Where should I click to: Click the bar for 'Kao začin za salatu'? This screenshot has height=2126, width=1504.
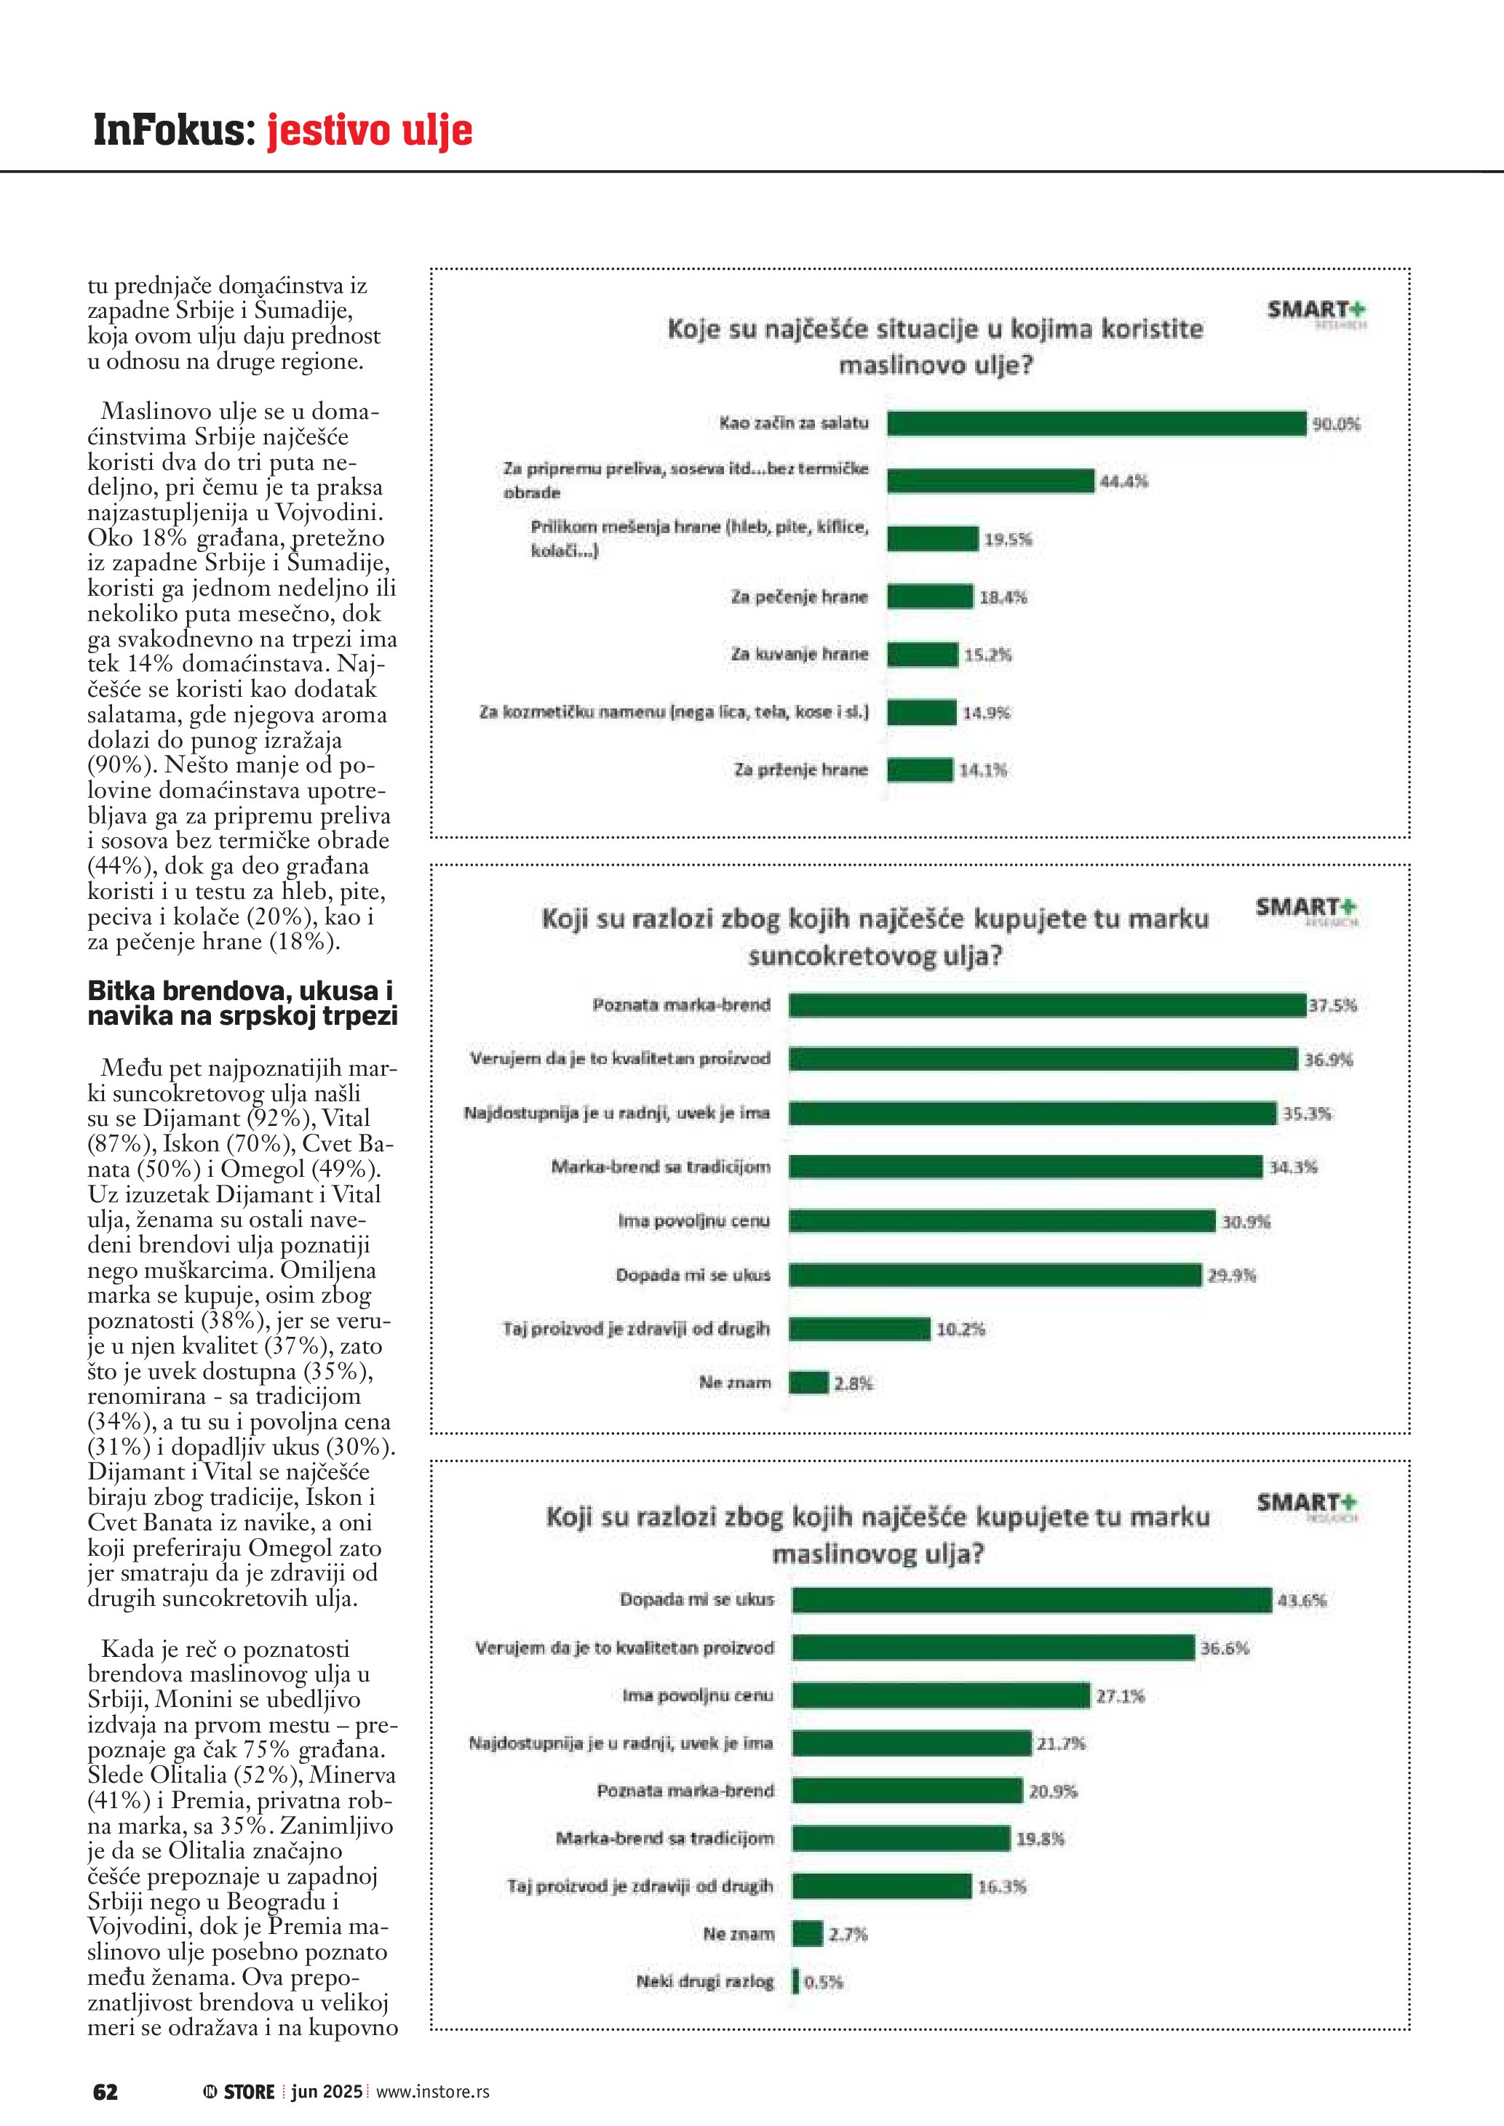[x=1096, y=423]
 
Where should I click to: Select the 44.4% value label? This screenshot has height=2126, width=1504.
[x=1123, y=481]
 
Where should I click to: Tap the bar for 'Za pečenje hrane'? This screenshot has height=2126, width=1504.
[x=930, y=596]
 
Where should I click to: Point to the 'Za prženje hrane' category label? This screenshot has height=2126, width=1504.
[x=800, y=770]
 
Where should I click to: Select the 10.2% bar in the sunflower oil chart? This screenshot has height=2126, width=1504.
[x=859, y=1329]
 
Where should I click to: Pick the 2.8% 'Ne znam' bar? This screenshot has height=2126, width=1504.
[x=808, y=1383]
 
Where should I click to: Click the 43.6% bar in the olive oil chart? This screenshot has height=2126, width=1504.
[x=1032, y=1599]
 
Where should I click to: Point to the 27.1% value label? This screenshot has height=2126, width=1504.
[x=1120, y=1695]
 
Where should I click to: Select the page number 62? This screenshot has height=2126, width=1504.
[x=106, y=2091]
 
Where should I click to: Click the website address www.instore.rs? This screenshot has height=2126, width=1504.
[x=432, y=2091]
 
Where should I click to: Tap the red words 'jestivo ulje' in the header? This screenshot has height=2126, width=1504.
[x=370, y=131]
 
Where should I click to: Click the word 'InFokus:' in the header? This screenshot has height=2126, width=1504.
[x=174, y=131]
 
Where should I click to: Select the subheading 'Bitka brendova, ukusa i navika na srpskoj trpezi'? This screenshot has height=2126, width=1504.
[x=242, y=1003]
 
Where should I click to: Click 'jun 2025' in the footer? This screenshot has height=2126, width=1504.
[x=327, y=2091]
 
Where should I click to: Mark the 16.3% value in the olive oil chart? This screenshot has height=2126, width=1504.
[x=1001, y=1886]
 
